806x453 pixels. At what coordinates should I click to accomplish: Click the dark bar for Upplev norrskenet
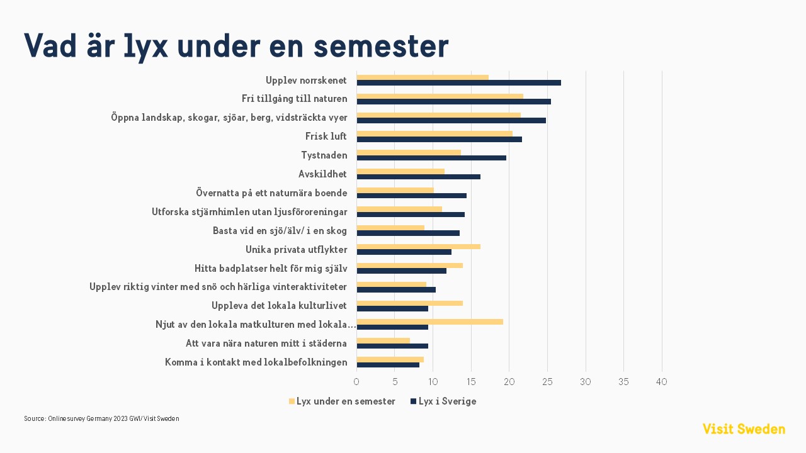tap(458, 83)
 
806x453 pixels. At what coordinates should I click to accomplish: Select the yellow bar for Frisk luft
tap(434, 133)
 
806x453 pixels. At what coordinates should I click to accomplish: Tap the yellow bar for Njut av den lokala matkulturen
tap(429, 322)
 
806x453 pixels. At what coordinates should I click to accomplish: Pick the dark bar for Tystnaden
tap(431, 158)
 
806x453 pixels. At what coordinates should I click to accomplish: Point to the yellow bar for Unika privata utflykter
tap(418, 247)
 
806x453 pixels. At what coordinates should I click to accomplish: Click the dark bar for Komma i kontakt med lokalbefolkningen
tap(388, 365)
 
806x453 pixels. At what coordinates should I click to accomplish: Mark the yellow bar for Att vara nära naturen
tap(383, 340)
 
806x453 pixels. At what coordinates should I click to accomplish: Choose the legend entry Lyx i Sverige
tap(447, 401)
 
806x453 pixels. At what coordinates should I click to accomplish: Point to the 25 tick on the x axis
tap(547, 382)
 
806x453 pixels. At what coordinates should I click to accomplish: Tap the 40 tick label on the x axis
tap(662, 382)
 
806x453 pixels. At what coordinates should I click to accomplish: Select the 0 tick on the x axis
tap(356, 382)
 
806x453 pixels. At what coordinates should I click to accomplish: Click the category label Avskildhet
tap(322, 174)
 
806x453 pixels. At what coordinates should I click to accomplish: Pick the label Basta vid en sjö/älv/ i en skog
tap(280, 231)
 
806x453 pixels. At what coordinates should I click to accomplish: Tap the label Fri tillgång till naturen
tap(294, 99)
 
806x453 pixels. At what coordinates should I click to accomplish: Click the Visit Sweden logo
tap(744, 429)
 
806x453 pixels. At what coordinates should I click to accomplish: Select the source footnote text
tap(101, 418)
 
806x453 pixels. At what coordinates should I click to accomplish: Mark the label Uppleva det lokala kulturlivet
tap(279, 306)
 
